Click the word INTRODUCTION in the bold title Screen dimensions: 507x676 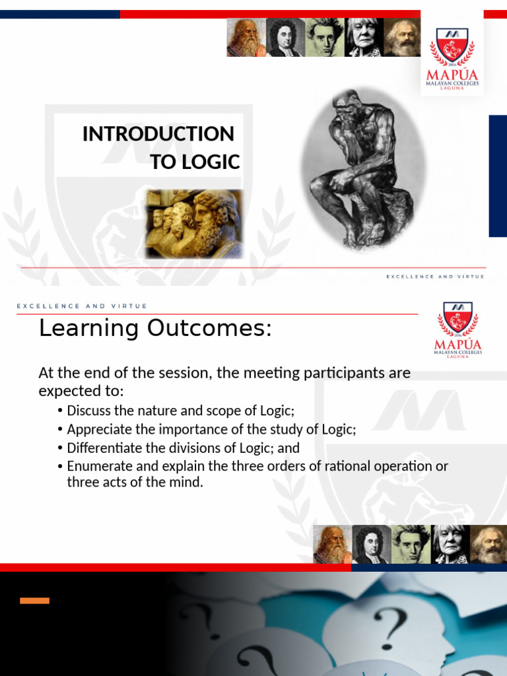click(x=158, y=133)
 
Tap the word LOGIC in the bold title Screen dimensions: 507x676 click(x=211, y=162)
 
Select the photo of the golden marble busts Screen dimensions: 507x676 click(x=195, y=224)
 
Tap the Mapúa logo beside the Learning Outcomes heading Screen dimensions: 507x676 click(x=458, y=330)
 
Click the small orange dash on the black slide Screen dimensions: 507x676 click(x=34, y=601)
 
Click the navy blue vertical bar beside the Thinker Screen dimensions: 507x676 click(x=498, y=176)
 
